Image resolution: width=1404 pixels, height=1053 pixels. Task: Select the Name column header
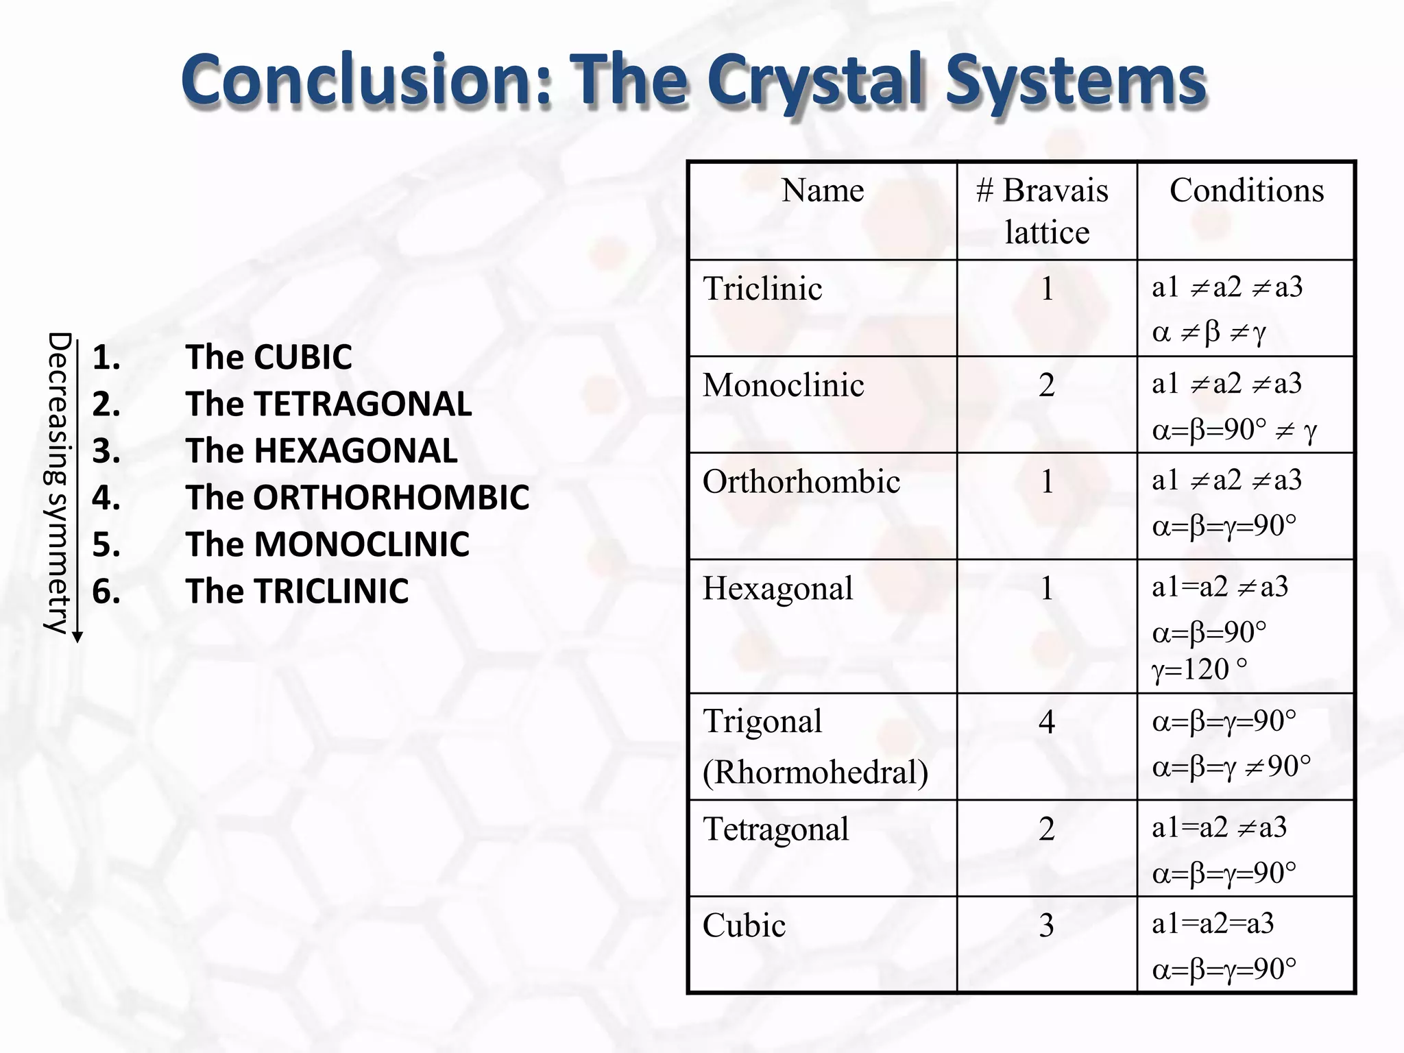tap(823, 191)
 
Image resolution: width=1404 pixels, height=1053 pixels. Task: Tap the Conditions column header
tap(1246, 191)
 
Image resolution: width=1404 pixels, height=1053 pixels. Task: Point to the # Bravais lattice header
tap(1046, 210)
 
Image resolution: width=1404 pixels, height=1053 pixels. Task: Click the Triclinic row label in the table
tap(762, 289)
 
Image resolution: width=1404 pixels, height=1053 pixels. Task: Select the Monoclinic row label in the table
tap(783, 385)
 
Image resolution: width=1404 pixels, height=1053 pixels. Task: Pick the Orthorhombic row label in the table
tap(801, 481)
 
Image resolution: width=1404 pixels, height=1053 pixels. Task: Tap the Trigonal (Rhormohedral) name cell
tap(815, 747)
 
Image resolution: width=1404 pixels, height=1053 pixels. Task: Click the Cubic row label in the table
tap(744, 925)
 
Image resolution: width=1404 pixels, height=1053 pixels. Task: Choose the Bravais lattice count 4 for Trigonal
tap(1046, 722)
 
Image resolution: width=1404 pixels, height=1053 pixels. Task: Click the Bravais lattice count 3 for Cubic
tap(1046, 925)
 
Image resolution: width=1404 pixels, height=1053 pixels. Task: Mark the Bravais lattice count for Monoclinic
tap(1046, 385)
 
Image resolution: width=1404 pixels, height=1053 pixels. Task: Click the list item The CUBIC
tap(268, 357)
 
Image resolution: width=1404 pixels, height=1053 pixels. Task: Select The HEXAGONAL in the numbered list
tap(321, 451)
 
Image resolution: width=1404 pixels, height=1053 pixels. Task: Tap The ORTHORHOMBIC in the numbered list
tap(356, 498)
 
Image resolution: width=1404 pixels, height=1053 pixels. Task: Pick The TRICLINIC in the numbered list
tap(297, 591)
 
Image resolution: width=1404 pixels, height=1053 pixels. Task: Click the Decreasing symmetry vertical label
tap(58, 483)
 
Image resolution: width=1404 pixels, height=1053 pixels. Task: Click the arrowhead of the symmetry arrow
tap(78, 638)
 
